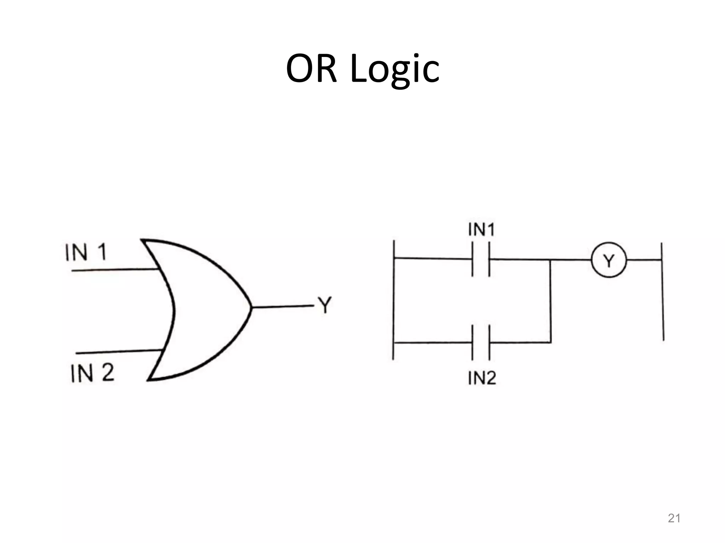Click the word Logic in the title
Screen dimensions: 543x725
click(395, 69)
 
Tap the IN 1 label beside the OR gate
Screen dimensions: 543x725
click(86, 252)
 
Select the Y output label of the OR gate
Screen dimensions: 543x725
click(325, 305)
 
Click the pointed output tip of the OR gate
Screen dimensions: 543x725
click(251, 307)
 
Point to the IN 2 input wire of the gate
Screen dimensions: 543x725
click(119, 351)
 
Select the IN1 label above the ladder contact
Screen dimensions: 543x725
click(481, 230)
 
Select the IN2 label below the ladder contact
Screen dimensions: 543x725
click(482, 378)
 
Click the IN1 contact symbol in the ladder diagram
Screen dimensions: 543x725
click(481, 259)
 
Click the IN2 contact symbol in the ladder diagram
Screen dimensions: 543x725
click(481, 342)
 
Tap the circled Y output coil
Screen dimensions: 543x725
click(609, 260)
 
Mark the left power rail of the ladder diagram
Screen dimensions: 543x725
click(394, 300)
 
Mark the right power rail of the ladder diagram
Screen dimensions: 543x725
click(662, 292)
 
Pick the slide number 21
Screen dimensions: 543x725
click(674, 518)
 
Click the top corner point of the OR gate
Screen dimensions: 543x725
click(142, 240)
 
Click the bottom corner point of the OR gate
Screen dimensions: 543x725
click(148, 380)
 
